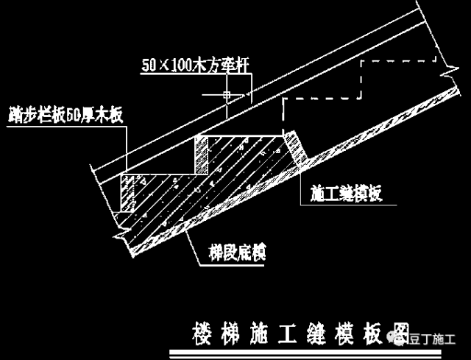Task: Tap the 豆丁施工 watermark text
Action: (x=435, y=339)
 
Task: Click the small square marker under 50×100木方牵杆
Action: (x=227, y=94)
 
